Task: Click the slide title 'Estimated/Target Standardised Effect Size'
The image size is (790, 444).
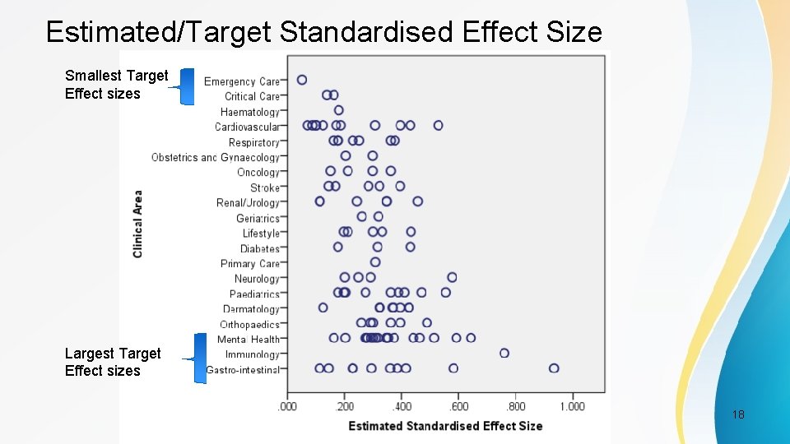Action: point(324,32)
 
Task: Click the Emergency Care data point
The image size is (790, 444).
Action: point(302,80)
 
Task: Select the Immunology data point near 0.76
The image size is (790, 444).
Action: point(504,353)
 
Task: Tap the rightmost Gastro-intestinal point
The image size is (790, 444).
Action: point(554,368)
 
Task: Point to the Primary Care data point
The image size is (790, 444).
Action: point(375,262)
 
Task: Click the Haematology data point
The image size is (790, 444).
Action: point(339,110)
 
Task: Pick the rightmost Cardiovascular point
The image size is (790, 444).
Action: point(439,125)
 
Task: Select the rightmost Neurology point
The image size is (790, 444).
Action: point(452,277)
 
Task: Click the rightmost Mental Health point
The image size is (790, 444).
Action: point(471,337)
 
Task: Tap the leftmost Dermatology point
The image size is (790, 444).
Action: point(323,308)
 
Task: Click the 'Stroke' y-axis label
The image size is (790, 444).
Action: point(265,187)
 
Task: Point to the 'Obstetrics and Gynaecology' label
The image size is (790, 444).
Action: point(216,157)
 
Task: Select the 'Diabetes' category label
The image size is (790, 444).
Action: point(260,248)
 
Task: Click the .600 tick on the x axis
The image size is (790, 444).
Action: point(458,406)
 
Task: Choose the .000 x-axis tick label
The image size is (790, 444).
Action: point(287,406)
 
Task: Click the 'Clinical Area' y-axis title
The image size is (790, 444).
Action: point(137,224)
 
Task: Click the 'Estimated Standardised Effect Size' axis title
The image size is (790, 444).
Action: point(445,426)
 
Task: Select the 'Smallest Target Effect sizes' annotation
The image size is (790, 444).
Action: point(116,85)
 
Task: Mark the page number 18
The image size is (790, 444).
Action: point(738,414)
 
